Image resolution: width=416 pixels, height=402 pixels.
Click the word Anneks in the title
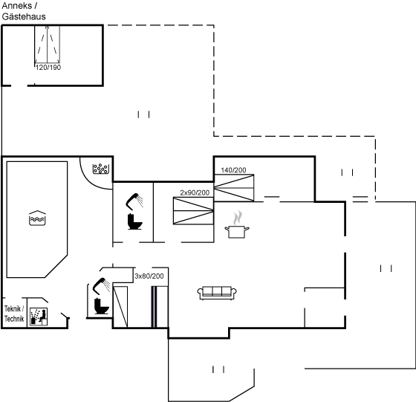click(x=16, y=5)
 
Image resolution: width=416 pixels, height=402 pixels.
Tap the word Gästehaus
click(x=24, y=16)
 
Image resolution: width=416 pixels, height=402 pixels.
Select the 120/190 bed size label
click(x=48, y=68)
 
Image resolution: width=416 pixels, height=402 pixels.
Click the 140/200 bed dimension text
click(x=233, y=170)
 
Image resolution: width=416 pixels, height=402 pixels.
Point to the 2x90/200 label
click(x=195, y=192)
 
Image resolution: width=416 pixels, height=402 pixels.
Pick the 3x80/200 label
click(x=149, y=276)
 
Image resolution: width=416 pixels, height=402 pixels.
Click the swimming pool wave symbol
click(x=37, y=218)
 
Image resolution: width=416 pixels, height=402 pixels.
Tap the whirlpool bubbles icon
click(x=101, y=169)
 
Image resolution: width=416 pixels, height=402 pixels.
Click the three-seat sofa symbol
click(x=217, y=293)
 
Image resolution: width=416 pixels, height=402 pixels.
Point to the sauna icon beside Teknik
click(x=39, y=317)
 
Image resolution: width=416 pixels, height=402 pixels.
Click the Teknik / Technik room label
click(x=14, y=314)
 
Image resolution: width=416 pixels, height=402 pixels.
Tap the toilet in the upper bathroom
click(x=134, y=221)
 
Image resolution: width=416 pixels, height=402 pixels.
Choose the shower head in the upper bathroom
click(x=134, y=201)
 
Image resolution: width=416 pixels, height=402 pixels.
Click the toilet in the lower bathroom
click(x=102, y=306)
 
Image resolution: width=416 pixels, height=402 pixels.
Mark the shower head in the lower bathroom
click(x=101, y=285)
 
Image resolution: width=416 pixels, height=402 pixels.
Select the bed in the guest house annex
click(x=48, y=45)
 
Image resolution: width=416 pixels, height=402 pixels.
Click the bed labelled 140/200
click(x=234, y=188)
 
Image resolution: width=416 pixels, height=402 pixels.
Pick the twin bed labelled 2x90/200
click(x=193, y=211)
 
